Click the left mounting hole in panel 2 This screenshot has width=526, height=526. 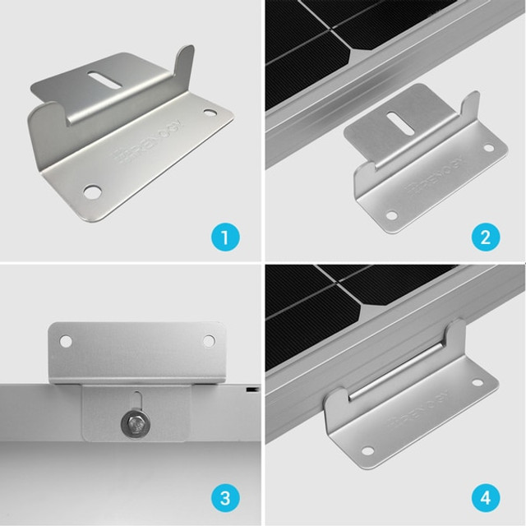(x=391, y=215)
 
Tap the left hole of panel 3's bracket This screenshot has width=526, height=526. (x=67, y=339)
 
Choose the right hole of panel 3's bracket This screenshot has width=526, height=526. (x=208, y=340)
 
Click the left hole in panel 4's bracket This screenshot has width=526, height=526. (x=367, y=451)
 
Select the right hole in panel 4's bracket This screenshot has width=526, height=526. (x=476, y=382)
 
